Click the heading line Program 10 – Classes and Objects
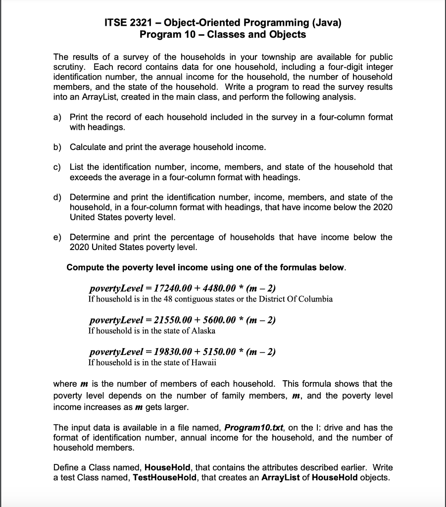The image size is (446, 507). pos(223,35)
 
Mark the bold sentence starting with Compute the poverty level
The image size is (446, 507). pos(206,267)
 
